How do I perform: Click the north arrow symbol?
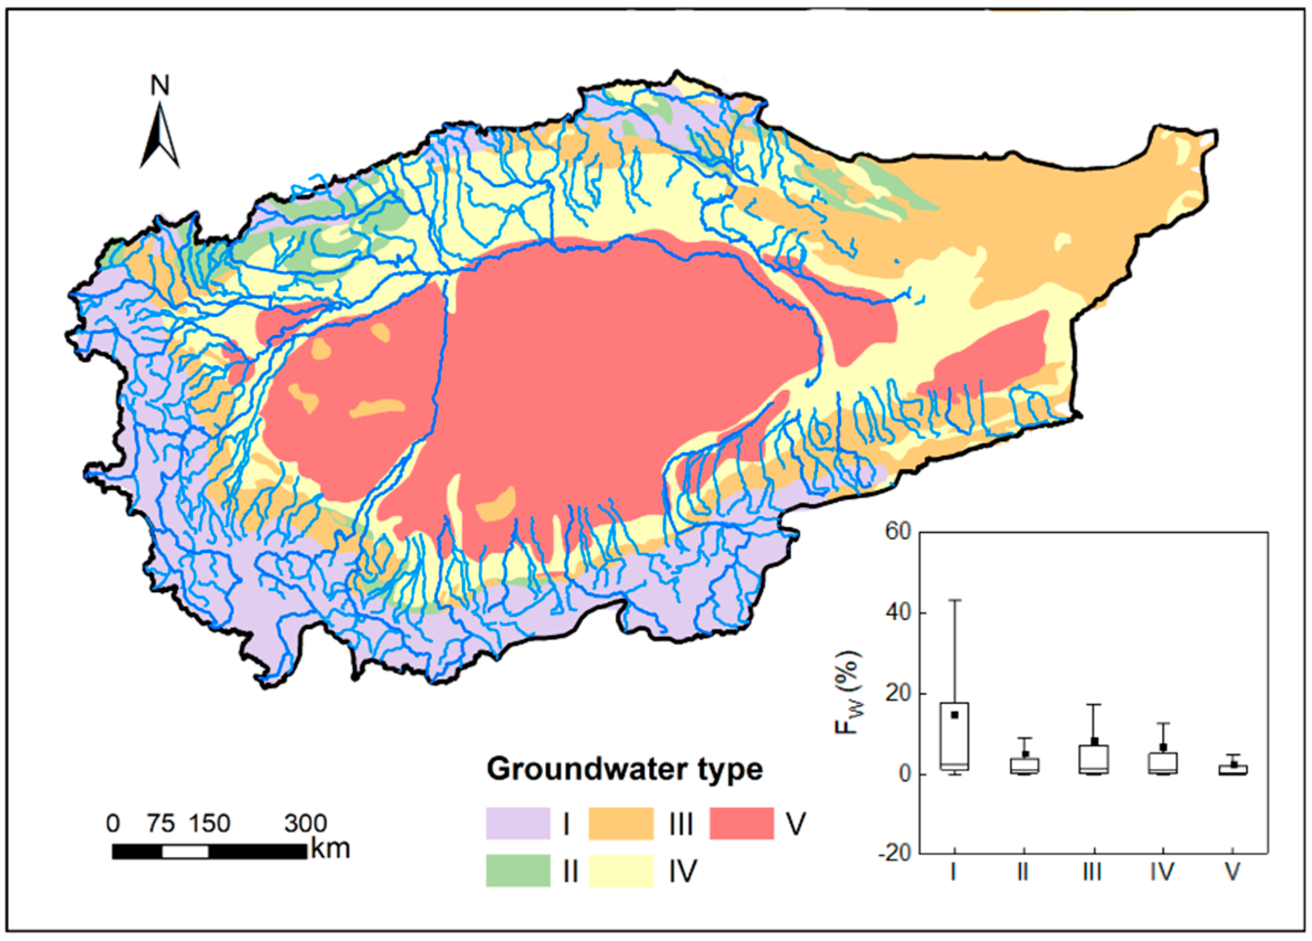tap(160, 137)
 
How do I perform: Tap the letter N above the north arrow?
tap(160, 86)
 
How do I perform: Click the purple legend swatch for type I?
tap(518, 823)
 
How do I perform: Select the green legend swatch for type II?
tap(518, 871)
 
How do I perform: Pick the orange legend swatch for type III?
tap(621, 823)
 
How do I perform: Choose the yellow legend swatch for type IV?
tap(621, 871)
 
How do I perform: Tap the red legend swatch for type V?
tap(741, 823)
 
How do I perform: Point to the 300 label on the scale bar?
tap(306, 823)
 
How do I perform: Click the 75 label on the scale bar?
tap(160, 823)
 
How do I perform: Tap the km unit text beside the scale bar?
tap(330, 849)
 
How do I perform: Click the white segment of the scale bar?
tap(184, 852)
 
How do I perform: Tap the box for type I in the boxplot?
tap(954, 736)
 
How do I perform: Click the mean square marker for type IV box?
tap(1163, 747)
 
